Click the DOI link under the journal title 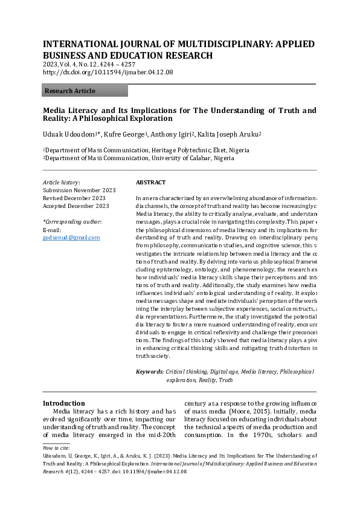point(108,72)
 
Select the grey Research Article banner point(85,91)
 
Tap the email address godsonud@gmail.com point(71,238)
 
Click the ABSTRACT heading point(150,182)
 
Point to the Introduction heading point(63,403)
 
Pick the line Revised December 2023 point(74,198)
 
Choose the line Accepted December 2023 point(76,206)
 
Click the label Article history point(61,182)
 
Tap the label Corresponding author point(72,222)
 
